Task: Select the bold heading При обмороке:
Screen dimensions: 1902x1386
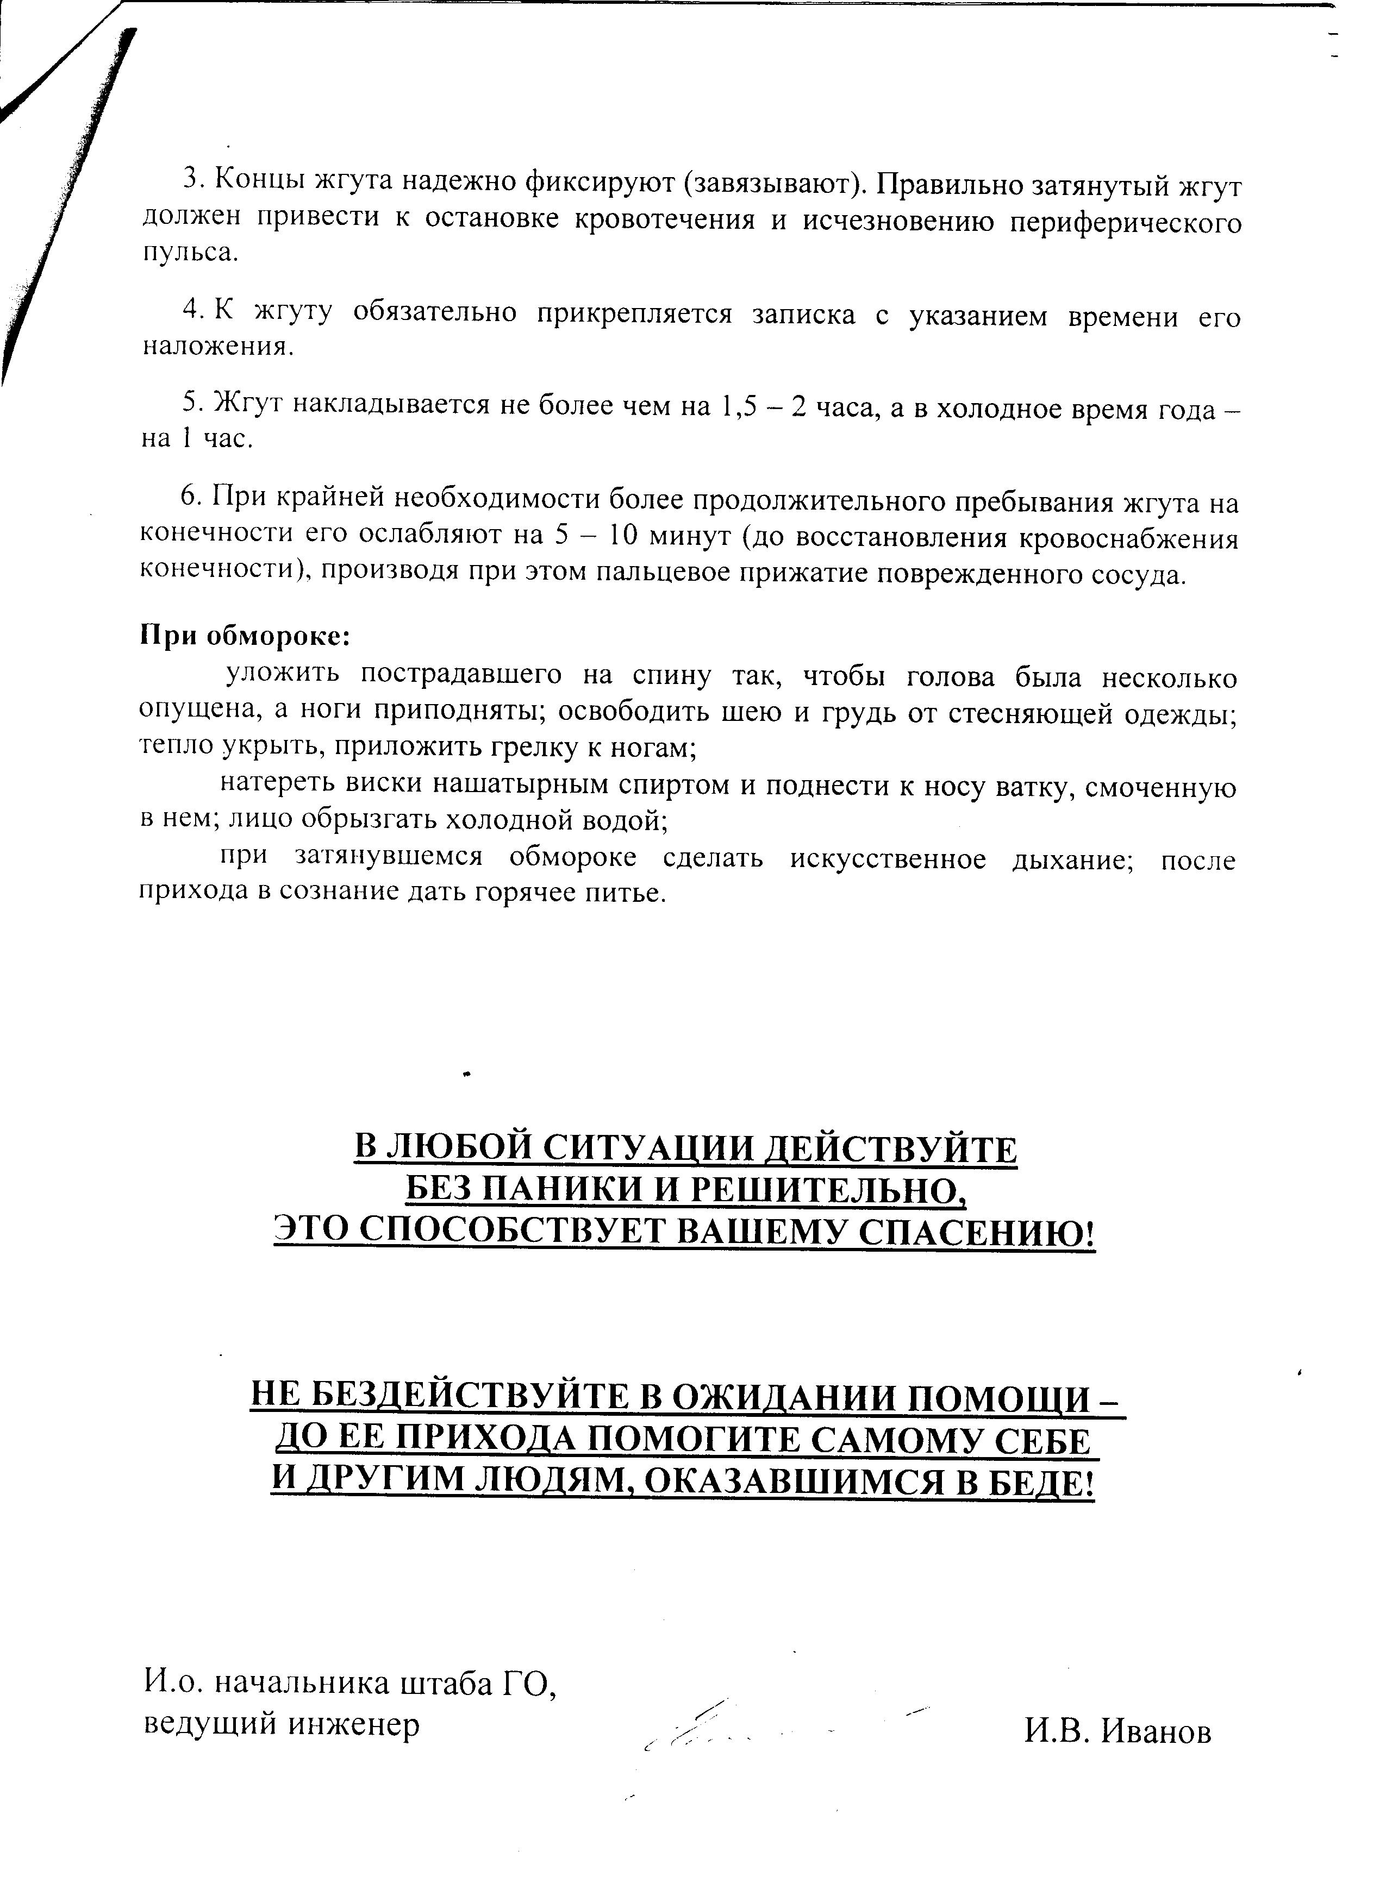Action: [x=244, y=636]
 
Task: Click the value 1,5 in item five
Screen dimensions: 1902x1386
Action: [x=738, y=405]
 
